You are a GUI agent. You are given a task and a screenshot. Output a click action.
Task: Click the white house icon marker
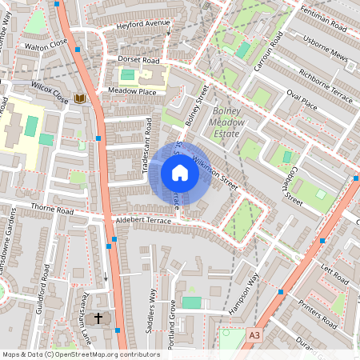tap(180, 173)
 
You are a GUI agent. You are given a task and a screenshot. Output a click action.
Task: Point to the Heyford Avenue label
tap(143, 24)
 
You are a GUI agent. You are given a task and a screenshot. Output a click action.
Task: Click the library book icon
tap(80, 98)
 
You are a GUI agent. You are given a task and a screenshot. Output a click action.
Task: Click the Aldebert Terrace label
tap(144, 219)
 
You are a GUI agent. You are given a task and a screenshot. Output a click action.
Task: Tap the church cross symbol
tap(99, 318)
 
